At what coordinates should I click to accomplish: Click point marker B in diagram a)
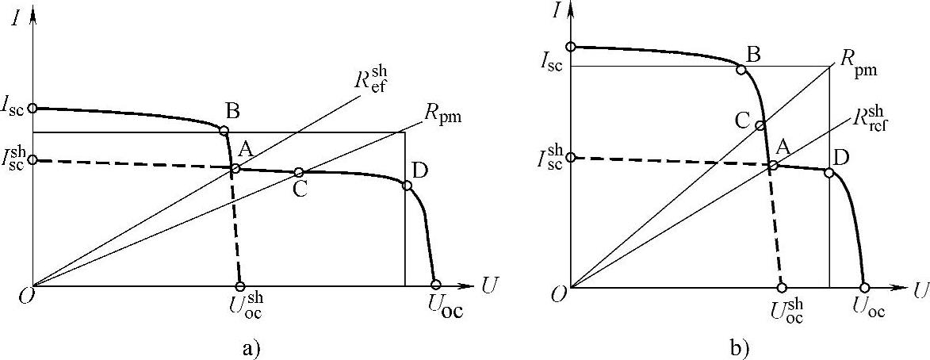[x=224, y=131]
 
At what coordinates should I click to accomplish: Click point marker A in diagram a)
[x=235, y=168]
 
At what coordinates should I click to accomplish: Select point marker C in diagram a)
[x=299, y=172]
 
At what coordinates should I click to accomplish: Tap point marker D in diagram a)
[x=408, y=186]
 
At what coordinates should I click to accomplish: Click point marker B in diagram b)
[x=741, y=70]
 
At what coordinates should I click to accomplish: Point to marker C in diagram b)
[x=760, y=124]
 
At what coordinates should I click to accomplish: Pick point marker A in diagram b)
[x=773, y=165]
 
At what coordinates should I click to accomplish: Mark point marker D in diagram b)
[x=829, y=172]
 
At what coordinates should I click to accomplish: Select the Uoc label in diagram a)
[x=442, y=307]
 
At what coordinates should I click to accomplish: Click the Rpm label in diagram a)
[x=442, y=117]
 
